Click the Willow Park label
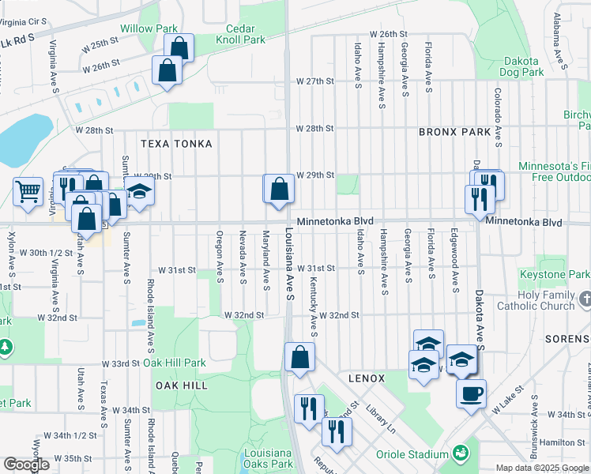(x=149, y=28)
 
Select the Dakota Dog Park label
(x=519, y=66)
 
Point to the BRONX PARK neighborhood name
(x=454, y=132)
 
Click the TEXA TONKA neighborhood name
(x=176, y=144)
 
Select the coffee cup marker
(x=471, y=393)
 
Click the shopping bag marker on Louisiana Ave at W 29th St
(x=279, y=189)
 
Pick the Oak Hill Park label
(x=175, y=363)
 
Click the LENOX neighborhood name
(x=365, y=378)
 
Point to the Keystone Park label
(x=554, y=274)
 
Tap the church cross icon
(x=585, y=299)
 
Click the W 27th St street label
(x=315, y=81)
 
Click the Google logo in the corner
(x=26, y=465)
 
